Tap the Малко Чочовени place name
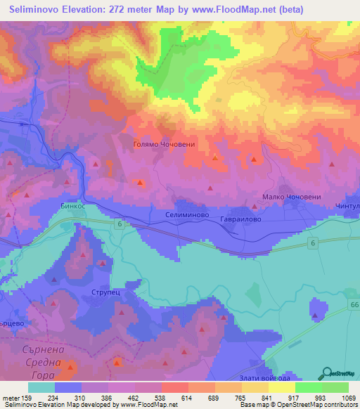291,197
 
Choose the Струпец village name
107,291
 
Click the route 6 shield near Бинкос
120,223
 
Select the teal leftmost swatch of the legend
41,387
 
